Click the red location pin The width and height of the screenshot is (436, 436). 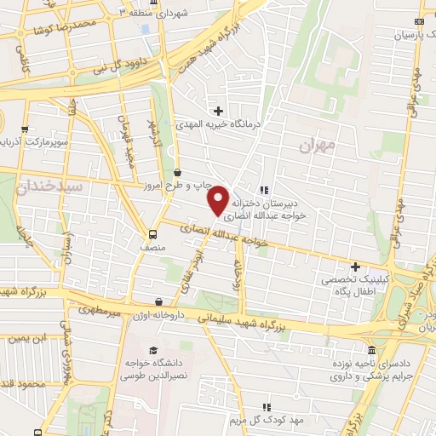(219, 199)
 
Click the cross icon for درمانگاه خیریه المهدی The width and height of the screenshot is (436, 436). (219, 111)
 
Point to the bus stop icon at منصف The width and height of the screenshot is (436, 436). (152, 233)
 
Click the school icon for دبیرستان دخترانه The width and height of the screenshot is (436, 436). (265, 189)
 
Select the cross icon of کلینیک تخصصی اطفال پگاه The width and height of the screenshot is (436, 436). (355, 267)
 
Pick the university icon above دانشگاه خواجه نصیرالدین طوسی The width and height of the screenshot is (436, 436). (152, 350)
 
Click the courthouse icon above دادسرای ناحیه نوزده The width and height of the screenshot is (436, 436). (371, 351)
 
